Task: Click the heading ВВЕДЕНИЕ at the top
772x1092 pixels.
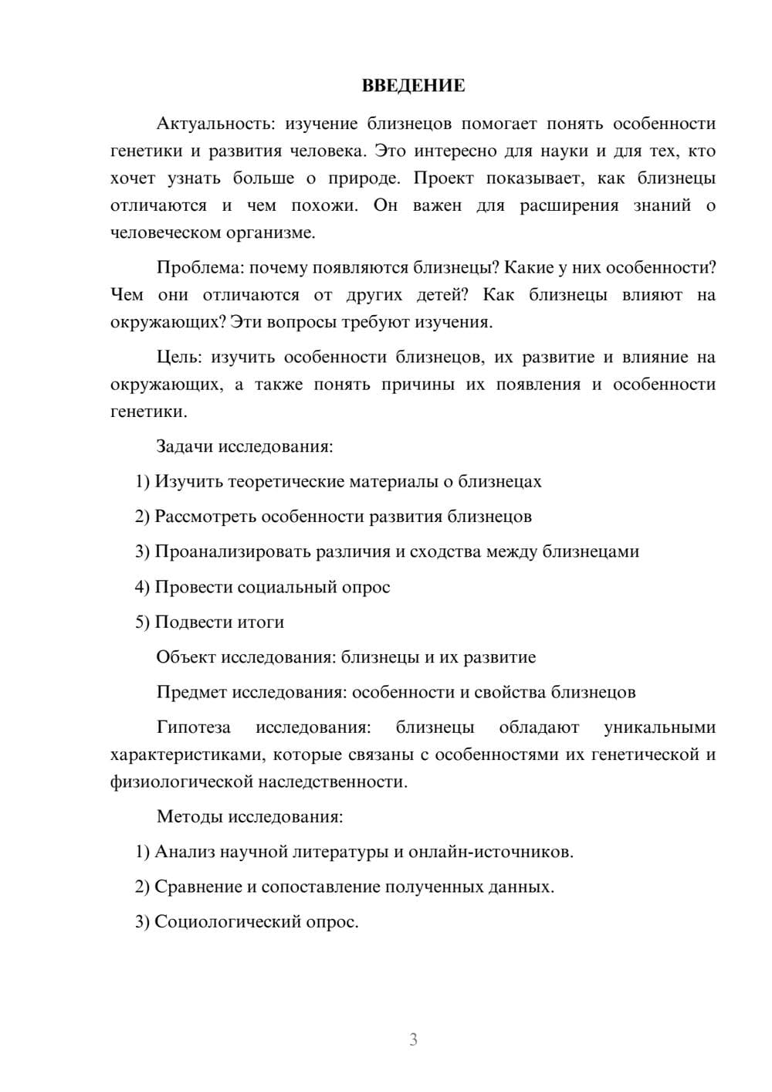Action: pos(413,86)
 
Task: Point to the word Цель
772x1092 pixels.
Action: pos(178,357)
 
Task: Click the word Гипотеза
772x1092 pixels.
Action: pos(193,727)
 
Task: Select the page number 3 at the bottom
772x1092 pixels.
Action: pos(413,1039)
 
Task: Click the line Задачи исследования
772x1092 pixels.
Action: pos(244,446)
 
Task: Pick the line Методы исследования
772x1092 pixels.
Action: pos(249,816)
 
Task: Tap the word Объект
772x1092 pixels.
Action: pos(186,657)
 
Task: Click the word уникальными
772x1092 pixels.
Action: pos(659,727)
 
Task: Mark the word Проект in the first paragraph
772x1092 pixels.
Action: pos(443,178)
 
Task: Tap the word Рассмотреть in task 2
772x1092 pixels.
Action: pos(205,517)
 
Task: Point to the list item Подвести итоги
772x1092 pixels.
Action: pos(219,622)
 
